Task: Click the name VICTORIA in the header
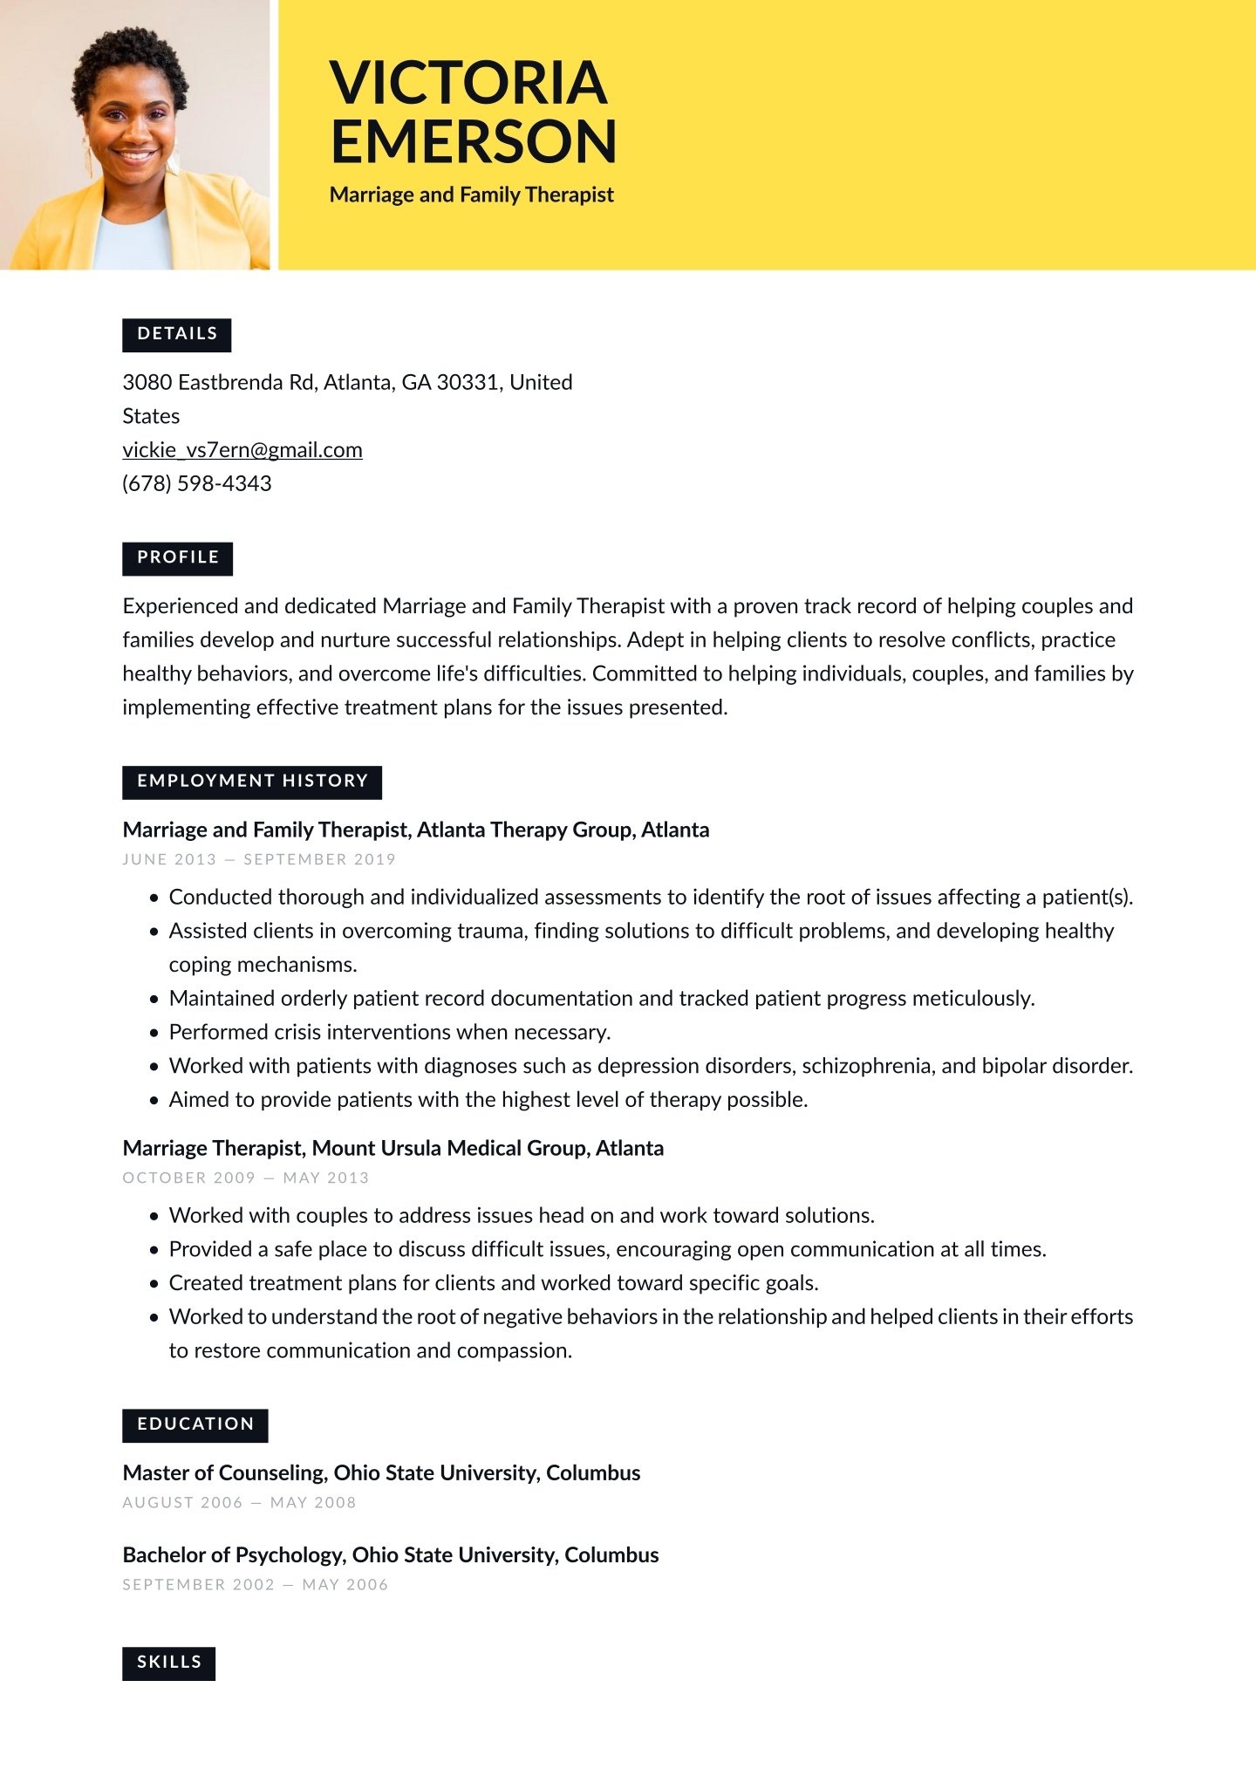pyautogui.click(x=468, y=83)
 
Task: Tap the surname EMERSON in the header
pyautogui.click(x=474, y=142)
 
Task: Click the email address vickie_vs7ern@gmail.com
pyautogui.click(x=242, y=450)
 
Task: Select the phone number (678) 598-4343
pyautogui.click(x=197, y=483)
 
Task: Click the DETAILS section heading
pyautogui.click(x=177, y=334)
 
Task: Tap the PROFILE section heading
pyautogui.click(x=178, y=557)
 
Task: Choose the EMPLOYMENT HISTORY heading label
pyautogui.click(x=252, y=782)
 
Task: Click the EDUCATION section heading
pyautogui.click(x=195, y=1424)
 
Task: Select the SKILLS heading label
pyautogui.click(x=169, y=1663)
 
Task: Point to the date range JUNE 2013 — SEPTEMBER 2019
pyautogui.click(x=259, y=859)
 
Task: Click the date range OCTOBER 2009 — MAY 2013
pyautogui.click(x=246, y=1178)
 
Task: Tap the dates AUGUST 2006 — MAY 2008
pyautogui.click(x=240, y=1502)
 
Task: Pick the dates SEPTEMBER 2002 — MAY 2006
pyautogui.click(x=256, y=1584)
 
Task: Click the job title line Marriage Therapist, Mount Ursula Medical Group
pyautogui.click(x=393, y=1148)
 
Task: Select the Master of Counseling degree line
pyautogui.click(x=381, y=1472)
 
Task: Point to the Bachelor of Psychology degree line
pyautogui.click(x=391, y=1554)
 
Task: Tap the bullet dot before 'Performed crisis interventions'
pyautogui.click(x=154, y=1033)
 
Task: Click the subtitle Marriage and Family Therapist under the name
pyautogui.click(x=472, y=195)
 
